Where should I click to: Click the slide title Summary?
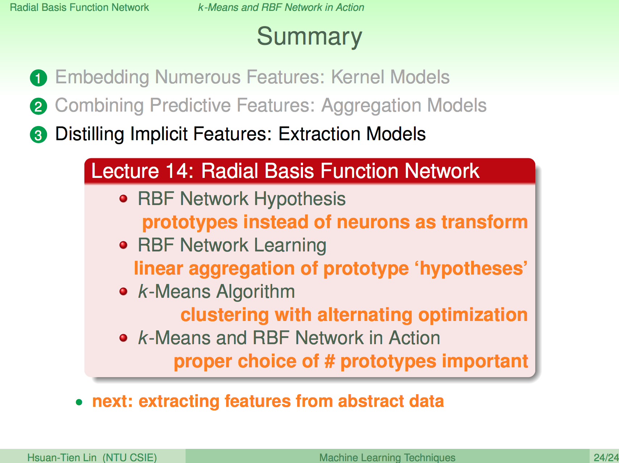[309, 37]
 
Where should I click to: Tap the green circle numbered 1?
[38, 78]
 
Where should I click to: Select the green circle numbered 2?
[38, 107]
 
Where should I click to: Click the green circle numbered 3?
[38, 135]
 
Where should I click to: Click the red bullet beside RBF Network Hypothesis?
[124, 199]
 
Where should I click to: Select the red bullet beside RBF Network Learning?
[124, 245]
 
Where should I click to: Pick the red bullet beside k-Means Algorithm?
[124, 291]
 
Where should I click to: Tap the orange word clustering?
[225, 315]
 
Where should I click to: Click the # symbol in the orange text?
[329, 361]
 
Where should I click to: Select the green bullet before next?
[79, 402]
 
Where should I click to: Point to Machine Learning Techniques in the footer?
[387, 457]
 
